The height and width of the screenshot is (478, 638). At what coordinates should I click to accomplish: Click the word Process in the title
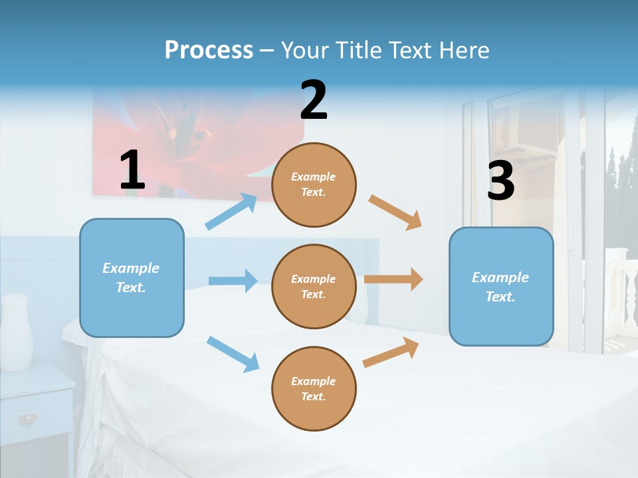tap(209, 50)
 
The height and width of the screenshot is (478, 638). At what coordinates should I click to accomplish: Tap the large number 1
tap(132, 170)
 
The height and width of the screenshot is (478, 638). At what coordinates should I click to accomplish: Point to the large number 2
tap(314, 100)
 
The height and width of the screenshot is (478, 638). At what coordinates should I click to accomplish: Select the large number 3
tap(500, 181)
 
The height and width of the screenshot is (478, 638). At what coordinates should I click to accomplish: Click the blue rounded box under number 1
tap(132, 278)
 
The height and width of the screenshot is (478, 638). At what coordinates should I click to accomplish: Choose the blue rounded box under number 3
tap(501, 286)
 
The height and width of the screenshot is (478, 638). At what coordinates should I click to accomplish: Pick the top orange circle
tap(314, 185)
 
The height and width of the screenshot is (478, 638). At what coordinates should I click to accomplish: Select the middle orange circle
tap(314, 286)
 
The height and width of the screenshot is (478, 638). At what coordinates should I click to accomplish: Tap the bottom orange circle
tap(314, 388)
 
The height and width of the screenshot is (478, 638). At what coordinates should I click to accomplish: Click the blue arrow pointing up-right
tap(231, 212)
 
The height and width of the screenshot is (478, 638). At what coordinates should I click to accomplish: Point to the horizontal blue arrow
tap(233, 281)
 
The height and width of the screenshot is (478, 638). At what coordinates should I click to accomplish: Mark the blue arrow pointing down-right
tap(233, 354)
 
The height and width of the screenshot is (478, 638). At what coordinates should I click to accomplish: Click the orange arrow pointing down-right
tap(395, 212)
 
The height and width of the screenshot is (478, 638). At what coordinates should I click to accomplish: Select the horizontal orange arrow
tap(393, 279)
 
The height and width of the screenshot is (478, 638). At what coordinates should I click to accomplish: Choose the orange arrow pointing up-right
tap(391, 352)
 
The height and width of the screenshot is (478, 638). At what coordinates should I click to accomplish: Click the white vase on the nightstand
tap(16, 332)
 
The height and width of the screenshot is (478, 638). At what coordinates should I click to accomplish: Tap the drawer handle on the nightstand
tap(27, 419)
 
